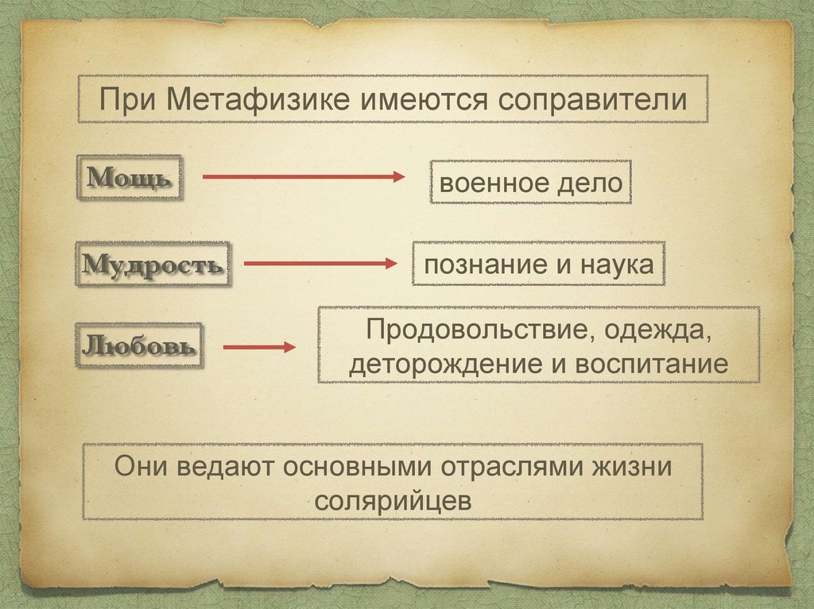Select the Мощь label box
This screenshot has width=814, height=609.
click(128, 176)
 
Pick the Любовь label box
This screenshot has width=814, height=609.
click(138, 345)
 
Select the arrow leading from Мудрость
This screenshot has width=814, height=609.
click(319, 264)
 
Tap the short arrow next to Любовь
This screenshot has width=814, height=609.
click(259, 347)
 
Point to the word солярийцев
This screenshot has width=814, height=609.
click(393, 501)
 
